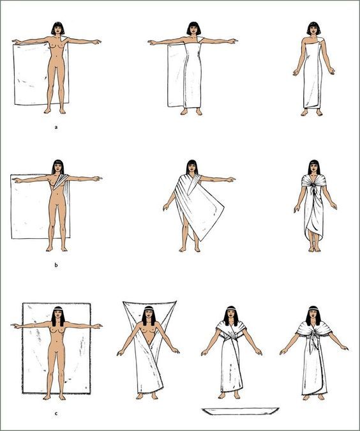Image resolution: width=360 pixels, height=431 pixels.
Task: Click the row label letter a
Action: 56,127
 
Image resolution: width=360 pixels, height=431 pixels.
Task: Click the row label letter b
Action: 56,265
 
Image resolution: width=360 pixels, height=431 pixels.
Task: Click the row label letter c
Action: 56,413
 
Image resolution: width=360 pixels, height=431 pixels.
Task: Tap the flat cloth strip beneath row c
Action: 240,411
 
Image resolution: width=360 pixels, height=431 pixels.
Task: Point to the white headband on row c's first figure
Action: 57,310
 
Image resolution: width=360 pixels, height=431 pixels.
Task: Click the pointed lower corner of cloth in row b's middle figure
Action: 202,240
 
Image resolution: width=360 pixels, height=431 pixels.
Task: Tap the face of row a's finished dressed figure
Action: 313,29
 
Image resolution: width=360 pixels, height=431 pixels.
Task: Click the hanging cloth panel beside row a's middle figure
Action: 176,75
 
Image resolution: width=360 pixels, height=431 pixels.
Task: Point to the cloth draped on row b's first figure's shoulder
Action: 61,181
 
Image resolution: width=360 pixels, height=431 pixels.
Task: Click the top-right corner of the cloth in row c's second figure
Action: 176,302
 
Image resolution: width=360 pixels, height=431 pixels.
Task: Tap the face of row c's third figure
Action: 232,315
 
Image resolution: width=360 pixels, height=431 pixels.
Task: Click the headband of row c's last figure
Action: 313,310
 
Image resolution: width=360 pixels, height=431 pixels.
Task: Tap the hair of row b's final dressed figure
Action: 313,167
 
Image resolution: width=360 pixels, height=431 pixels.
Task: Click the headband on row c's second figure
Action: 149,310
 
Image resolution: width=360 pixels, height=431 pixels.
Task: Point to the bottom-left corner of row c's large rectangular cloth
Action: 23,393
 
